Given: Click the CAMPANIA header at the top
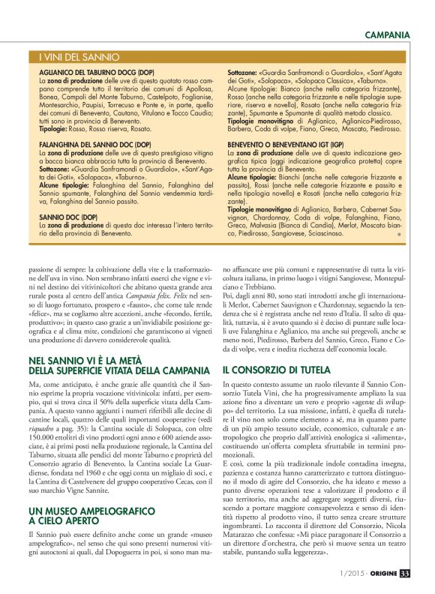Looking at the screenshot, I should point(387,34).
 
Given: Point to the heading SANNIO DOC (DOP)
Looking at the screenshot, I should point(68,216).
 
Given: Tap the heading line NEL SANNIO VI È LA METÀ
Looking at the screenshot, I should point(88,361).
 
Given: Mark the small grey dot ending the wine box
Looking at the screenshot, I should point(399,235).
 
